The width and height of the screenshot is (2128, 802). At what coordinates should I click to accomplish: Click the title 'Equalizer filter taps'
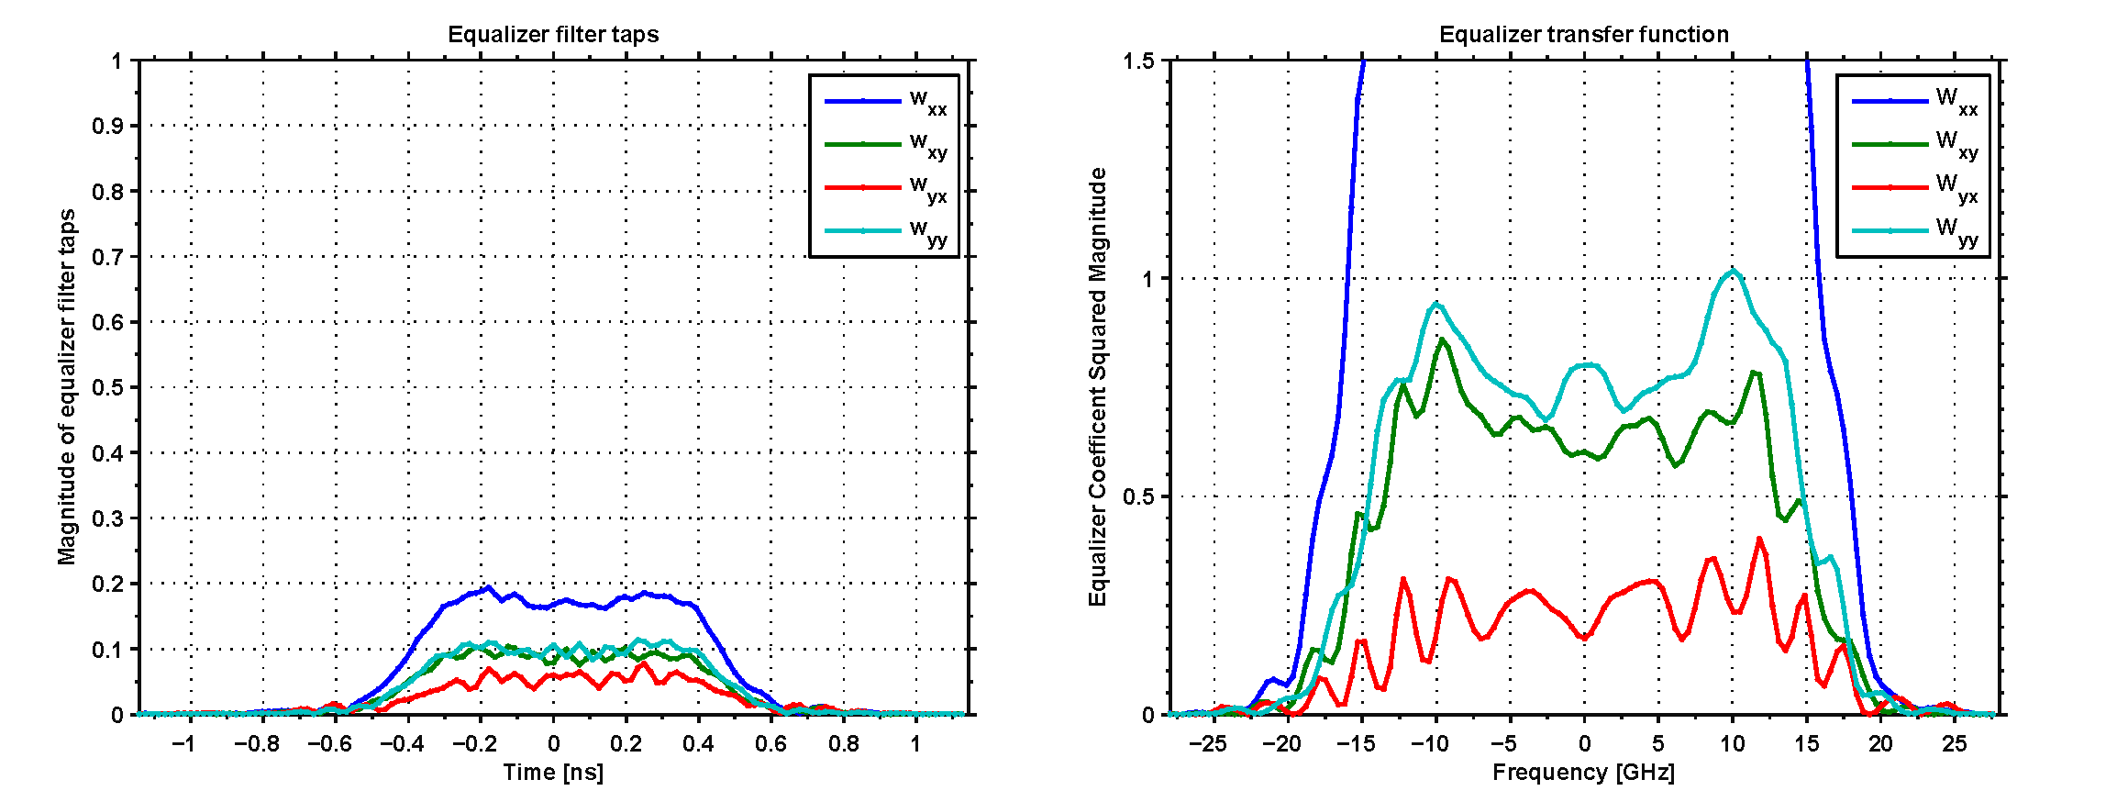click(553, 35)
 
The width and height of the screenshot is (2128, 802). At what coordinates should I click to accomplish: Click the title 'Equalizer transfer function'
click(1583, 35)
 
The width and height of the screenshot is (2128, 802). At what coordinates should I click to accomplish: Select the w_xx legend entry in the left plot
click(885, 102)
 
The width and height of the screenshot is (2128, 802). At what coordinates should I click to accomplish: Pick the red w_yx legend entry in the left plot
click(885, 188)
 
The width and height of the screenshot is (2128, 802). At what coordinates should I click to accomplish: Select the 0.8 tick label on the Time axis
click(844, 743)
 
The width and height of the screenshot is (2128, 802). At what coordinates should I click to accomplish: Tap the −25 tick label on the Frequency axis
click(1208, 743)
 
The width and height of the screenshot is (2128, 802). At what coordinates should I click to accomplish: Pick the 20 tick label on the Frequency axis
click(1880, 743)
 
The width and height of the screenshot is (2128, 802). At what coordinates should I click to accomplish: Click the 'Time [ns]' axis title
click(553, 773)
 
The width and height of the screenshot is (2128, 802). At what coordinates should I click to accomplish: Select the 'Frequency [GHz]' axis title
click(1583, 773)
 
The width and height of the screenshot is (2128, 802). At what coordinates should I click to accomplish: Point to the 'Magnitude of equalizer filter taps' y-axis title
click(67, 387)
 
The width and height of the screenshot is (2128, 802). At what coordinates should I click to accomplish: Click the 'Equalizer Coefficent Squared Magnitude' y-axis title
click(1098, 387)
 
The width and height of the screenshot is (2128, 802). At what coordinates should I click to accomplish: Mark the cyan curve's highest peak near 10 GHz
click(1733, 270)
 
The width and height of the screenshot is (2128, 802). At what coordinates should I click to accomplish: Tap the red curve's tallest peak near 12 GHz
click(1759, 539)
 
